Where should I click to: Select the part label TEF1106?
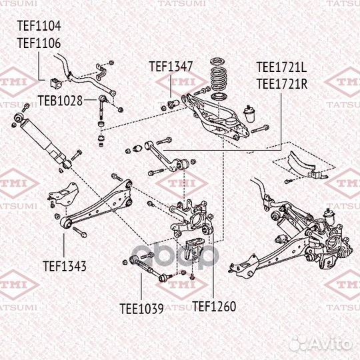[39, 43]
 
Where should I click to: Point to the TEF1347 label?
[171, 66]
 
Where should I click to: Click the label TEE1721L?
[282, 67]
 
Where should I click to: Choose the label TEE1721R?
[282, 83]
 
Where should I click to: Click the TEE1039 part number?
[141, 308]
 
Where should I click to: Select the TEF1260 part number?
[214, 307]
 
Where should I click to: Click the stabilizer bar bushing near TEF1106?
[55, 83]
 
